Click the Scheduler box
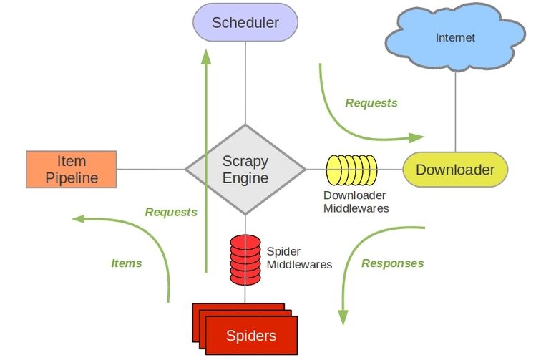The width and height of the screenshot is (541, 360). coord(245,22)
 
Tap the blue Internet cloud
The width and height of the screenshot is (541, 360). coord(455,37)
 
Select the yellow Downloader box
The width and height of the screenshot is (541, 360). coord(455,170)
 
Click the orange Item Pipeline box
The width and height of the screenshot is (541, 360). coord(72,170)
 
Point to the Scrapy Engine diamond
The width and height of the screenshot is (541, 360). coord(245,170)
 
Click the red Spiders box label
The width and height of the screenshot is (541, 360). coord(251,336)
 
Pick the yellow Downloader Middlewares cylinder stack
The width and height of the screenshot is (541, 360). coord(351,170)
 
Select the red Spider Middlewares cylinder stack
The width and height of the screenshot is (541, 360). coord(245,260)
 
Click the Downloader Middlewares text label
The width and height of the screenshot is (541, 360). coord(356,202)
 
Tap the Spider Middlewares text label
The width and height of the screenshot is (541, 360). coord(299,258)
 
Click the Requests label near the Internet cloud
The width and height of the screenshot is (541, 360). coord(371,103)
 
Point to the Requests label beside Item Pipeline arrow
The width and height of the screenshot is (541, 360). coord(171,212)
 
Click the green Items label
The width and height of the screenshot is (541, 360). coord(126,263)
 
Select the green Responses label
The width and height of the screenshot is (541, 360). coord(393,263)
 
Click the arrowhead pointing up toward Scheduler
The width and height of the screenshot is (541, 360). coord(206,57)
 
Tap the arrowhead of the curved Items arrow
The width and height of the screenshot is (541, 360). coord(77,218)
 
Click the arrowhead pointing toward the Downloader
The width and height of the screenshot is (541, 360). coord(416,137)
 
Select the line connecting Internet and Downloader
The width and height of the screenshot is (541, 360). coord(455,112)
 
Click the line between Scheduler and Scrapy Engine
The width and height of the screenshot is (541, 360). coord(245,83)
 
